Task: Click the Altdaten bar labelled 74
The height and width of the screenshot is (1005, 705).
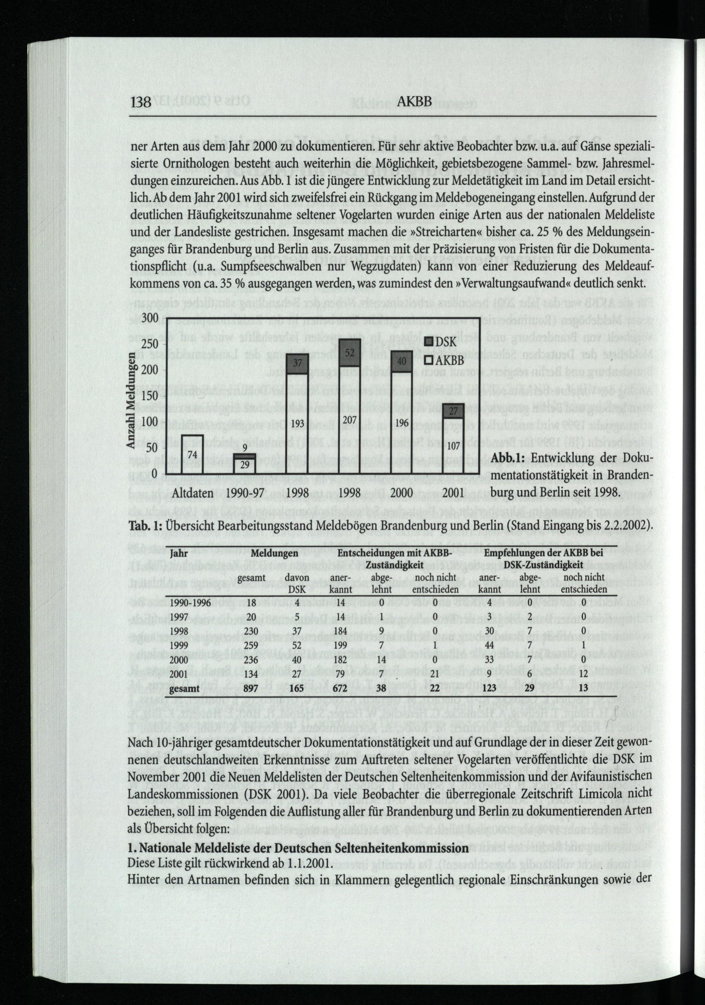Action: (x=192, y=455)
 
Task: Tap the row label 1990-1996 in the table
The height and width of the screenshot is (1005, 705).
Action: (x=190, y=603)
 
